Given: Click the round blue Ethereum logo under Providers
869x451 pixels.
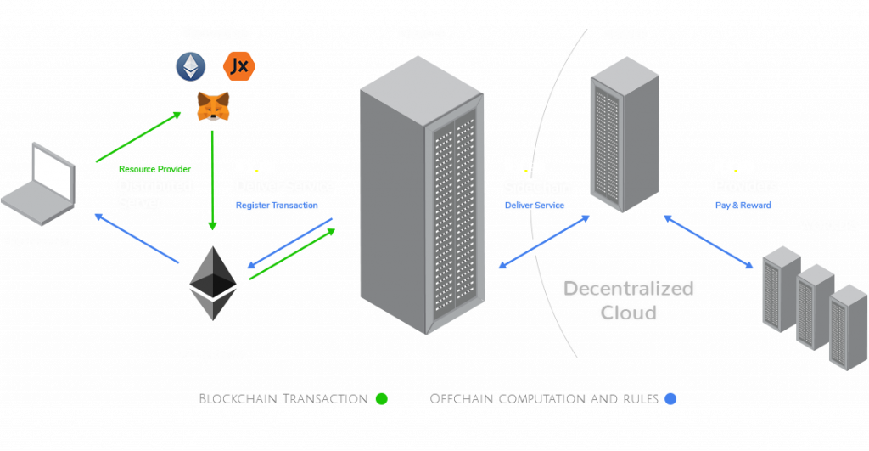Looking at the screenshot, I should (190, 66).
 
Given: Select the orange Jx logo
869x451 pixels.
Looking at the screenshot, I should (238, 66).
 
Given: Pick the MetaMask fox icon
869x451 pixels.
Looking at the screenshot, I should (213, 106).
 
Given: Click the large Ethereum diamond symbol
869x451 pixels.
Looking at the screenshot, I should (212, 283).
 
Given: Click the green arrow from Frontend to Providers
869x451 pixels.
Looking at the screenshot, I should (140, 137).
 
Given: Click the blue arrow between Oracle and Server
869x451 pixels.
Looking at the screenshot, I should (543, 243).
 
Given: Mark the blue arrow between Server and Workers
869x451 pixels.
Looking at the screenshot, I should (708, 242).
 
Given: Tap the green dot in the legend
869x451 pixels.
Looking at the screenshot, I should (381, 398).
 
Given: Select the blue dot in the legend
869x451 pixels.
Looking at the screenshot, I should (670, 398).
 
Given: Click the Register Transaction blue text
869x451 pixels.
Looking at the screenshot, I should (277, 206).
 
